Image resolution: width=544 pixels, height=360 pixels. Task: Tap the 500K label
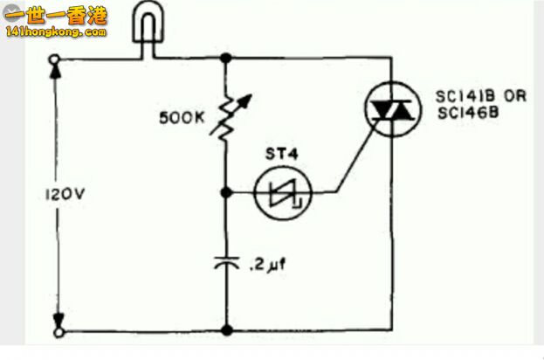coord(182,118)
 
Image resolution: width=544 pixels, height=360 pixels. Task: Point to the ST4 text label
coord(282,154)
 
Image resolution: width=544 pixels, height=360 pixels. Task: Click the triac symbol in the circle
coord(393,109)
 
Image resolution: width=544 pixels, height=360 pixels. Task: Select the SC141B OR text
coord(481,96)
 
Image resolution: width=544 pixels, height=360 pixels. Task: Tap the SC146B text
coord(468,113)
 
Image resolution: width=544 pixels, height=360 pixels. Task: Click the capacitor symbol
coord(226,263)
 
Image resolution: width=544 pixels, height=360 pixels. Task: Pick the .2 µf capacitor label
coord(268,266)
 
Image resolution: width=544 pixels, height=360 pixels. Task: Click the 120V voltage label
coord(65,194)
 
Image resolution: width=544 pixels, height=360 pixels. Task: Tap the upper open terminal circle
coord(54,59)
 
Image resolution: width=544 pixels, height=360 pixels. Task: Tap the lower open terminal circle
coord(59,333)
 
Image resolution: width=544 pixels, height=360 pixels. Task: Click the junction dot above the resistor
coord(226,58)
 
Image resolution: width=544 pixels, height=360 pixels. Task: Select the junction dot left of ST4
coord(226,192)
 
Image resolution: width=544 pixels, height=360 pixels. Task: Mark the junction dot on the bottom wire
coord(227,330)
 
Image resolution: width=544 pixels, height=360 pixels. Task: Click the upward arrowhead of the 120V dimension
coord(56,71)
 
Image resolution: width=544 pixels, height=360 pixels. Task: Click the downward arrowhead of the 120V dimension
coord(59,321)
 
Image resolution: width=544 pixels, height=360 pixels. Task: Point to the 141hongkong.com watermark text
coord(56,32)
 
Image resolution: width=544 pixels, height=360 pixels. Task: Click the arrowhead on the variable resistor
coord(246,100)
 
